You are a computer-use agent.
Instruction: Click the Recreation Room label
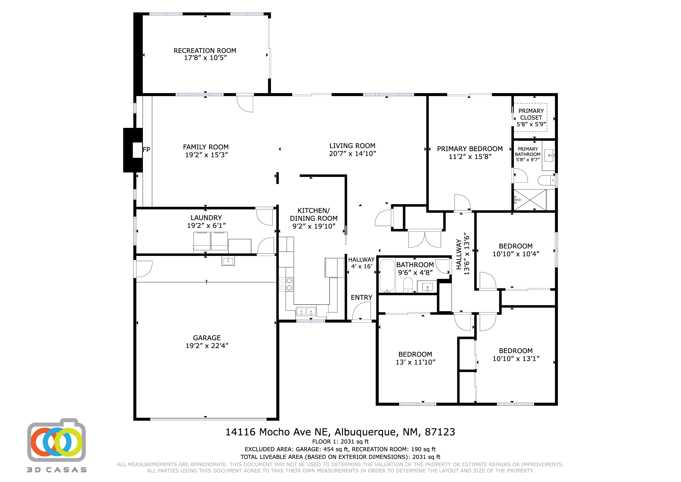coord(205,51)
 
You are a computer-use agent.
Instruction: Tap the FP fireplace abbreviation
coord(146,150)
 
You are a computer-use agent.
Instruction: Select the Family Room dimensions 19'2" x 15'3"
coord(206,155)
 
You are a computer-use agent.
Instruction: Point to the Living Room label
coord(352,146)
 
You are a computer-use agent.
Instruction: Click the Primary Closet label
coord(531,114)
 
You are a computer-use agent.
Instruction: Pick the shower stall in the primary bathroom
coord(530,200)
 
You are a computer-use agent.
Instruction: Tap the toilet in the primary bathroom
coord(546,180)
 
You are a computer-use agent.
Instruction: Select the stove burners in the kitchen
coord(286,284)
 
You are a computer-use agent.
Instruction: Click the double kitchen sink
coord(306,312)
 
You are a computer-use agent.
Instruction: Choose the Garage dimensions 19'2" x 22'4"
coord(207,346)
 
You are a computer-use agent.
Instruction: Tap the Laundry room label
coord(206,218)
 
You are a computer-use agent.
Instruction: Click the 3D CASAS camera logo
coord(57,441)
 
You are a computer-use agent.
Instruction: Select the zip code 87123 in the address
coord(440,432)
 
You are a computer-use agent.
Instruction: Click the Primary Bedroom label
coord(470,149)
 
